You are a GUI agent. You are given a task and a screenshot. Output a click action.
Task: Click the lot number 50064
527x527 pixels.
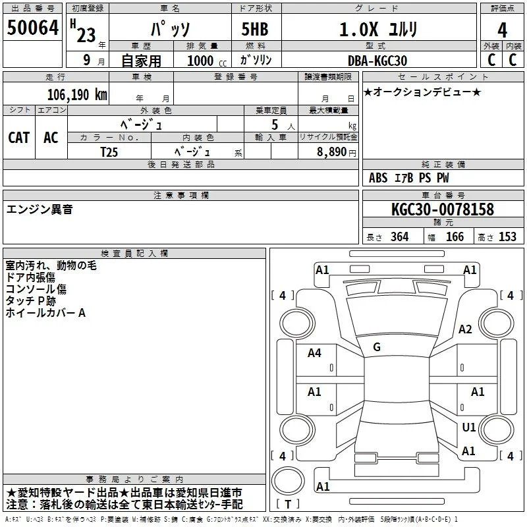(x=32, y=28)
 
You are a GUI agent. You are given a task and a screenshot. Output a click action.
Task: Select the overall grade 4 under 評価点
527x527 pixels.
(x=502, y=30)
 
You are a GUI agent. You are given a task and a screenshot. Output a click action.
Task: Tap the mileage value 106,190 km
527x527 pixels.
(x=77, y=95)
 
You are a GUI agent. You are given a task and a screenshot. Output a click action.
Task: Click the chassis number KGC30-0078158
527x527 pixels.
(x=443, y=209)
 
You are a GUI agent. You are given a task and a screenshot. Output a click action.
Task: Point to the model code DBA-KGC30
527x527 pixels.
(x=377, y=61)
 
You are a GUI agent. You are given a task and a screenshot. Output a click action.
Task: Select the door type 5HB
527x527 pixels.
(x=255, y=29)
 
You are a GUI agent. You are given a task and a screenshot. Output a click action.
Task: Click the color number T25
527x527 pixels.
(x=109, y=152)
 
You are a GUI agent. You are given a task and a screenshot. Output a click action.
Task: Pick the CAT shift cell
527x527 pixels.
(x=19, y=138)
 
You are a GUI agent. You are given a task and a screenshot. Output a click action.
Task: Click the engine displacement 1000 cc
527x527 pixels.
(x=207, y=61)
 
